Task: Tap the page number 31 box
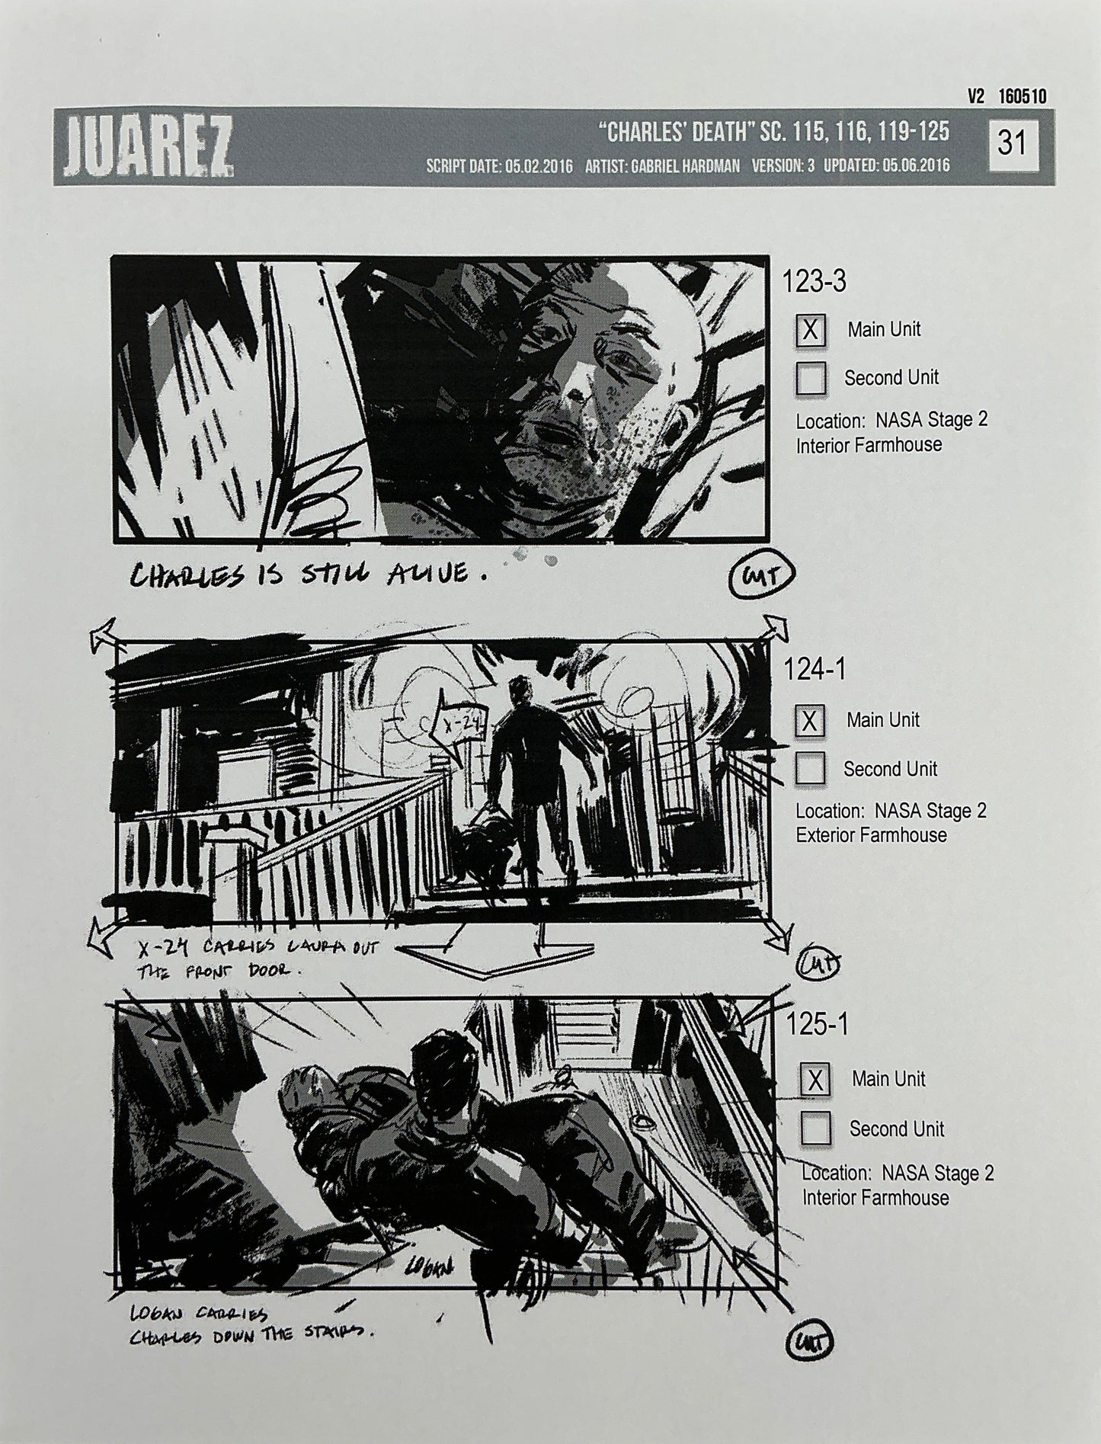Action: pos(1012,143)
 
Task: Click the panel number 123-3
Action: pos(815,282)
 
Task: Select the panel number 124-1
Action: pos(815,670)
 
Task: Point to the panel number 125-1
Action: pos(818,1025)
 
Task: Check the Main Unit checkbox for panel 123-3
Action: pos(811,330)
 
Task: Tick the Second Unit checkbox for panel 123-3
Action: pos(811,378)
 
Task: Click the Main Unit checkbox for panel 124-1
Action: pos(809,720)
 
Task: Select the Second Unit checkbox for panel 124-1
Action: pos(809,769)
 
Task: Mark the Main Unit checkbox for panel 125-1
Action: pos(815,1080)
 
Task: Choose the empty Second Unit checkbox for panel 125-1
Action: pos(815,1129)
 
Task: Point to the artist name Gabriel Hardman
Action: pos(662,165)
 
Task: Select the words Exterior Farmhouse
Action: pos(871,835)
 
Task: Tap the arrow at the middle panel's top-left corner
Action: pos(104,634)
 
